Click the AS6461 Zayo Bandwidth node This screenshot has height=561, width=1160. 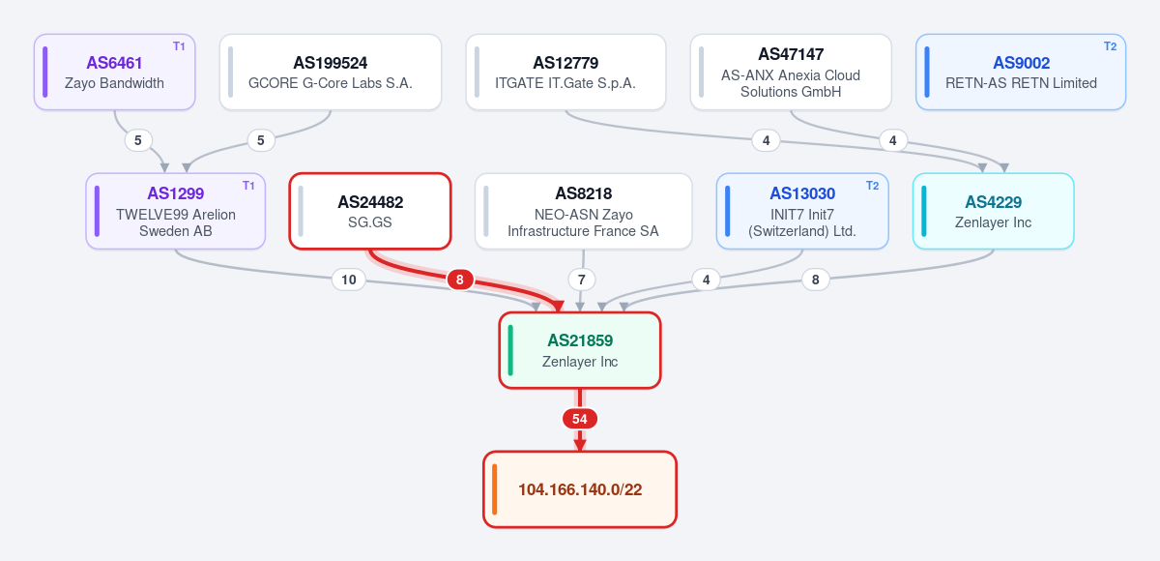pyautogui.click(x=114, y=72)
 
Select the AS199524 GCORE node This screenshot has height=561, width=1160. pyautogui.click(x=331, y=72)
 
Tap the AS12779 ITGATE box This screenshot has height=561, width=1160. pyautogui.click(x=565, y=72)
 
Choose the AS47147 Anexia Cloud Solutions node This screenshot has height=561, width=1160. pyautogui.click(x=791, y=72)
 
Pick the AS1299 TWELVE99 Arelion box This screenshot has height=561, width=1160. pyautogui.click(x=176, y=211)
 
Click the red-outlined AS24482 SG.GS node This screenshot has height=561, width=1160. pyautogui.click(x=370, y=211)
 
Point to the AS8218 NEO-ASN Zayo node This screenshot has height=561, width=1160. pyautogui.click(x=584, y=211)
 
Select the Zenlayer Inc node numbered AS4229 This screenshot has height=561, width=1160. pyautogui.click(x=994, y=211)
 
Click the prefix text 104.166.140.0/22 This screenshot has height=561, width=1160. pyautogui.click(x=580, y=489)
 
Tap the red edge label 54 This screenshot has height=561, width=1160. pyautogui.click(x=580, y=419)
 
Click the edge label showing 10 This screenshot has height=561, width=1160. pyautogui.click(x=349, y=280)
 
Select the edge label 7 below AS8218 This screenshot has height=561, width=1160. pyautogui.click(x=582, y=280)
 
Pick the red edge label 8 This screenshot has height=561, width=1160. pyautogui.click(x=460, y=280)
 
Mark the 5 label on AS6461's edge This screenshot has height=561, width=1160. pyautogui.click(x=137, y=140)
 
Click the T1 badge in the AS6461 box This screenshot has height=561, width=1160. pyautogui.click(x=179, y=46)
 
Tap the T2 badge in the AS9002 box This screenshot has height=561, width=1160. pyautogui.click(x=1111, y=46)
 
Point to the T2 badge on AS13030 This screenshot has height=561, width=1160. pyautogui.click(x=873, y=186)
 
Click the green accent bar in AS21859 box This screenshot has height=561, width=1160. pyautogui.click(x=510, y=350)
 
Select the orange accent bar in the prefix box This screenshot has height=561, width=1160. pyautogui.click(x=495, y=489)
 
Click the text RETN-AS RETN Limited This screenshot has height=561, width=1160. pyautogui.click(x=1021, y=83)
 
